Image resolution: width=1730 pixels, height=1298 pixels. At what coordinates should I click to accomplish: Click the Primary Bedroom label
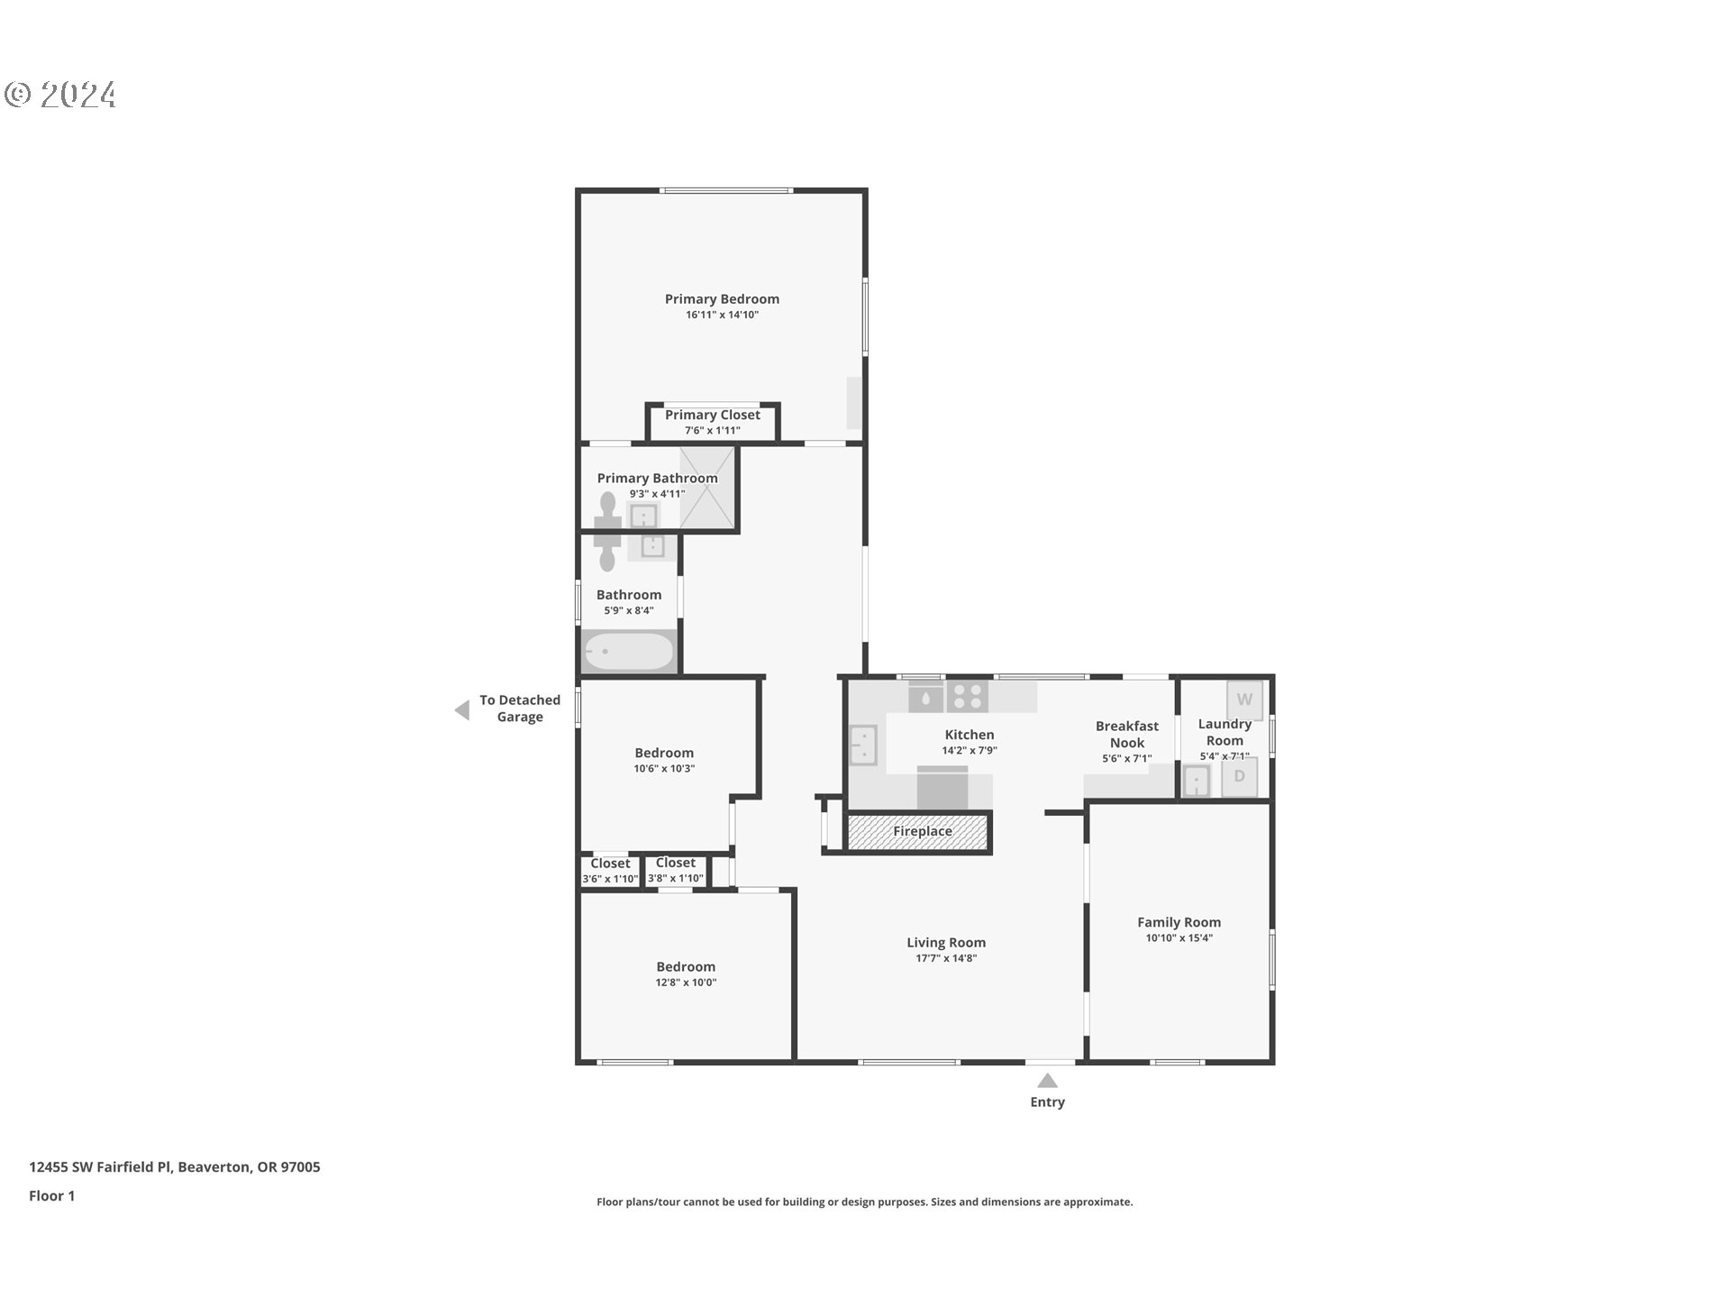click(x=722, y=299)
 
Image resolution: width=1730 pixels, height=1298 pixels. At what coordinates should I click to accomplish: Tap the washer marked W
click(x=1244, y=699)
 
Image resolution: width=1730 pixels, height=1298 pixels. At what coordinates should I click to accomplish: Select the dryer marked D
click(x=1239, y=777)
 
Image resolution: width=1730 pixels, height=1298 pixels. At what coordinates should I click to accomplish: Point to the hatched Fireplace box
click(x=919, y=832)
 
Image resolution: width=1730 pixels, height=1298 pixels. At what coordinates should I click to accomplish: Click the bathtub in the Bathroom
click(x=629, y=652)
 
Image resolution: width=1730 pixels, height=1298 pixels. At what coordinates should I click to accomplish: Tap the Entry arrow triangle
click(x=1047, y=1081)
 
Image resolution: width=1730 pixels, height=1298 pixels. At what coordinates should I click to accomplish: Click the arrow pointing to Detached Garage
click(x=462, y=710)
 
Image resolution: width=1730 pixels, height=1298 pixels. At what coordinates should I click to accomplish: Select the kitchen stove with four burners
click(x=967, y=697)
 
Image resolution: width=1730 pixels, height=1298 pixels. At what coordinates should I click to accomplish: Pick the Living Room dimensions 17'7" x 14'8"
click(x=946, y=958)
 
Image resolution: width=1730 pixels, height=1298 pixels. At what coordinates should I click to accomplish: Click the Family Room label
click(x=1179, y=922)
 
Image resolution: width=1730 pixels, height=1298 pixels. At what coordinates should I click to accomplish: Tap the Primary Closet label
click(x=712, y=416)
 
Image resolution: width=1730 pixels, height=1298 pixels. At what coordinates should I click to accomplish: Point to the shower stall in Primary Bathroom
click(x=706, y=488)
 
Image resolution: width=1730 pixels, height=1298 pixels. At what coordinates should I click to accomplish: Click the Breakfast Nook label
click(x=1126, y=734)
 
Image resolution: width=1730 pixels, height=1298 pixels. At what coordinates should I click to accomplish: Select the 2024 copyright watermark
click(x=61, y=95)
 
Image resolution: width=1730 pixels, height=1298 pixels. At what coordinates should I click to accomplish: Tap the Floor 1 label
click(x=51, y=1195)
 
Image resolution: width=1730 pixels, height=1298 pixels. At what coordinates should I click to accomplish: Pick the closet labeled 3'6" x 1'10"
click(x=610, y=871)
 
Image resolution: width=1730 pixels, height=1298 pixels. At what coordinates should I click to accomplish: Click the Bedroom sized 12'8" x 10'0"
click(x=686, y=973)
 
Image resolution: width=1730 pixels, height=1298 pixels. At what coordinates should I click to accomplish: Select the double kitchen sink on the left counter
click(x=863, y=745)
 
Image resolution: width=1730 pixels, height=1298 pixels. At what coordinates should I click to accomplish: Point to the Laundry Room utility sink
click(x=1196, y=782)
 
